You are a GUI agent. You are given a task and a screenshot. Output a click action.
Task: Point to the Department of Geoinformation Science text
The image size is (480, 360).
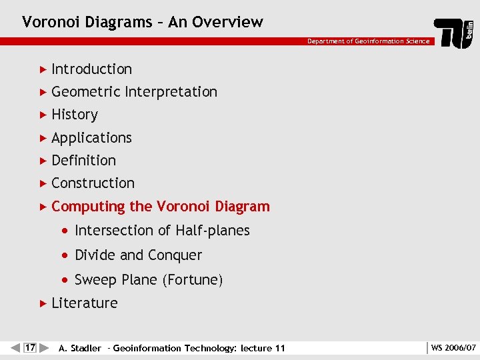[x=368, y=41]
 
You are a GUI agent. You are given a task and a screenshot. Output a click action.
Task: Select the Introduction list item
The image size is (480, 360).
[x=91, y=69]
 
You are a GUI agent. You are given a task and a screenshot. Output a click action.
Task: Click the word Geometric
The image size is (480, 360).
[x=86, y=92]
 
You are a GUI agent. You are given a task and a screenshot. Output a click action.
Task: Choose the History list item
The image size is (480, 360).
[x=75, y=115]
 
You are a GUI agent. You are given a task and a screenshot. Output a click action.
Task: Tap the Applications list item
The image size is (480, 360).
[x=91, y=138]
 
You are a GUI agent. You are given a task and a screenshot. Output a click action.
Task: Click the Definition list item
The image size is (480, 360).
[x=83, y=161]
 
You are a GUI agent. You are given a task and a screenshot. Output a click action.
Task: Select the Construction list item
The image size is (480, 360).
[x=93, y=183]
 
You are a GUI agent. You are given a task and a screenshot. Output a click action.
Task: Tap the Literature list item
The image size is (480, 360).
[x=84, y=303]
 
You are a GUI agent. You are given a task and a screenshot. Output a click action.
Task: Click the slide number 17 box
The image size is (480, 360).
[x=29, y=347]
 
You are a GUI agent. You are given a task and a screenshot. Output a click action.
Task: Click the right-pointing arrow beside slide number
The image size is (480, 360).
[x=44, y=347]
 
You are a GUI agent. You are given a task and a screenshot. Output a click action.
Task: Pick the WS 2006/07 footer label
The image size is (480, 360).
[x=453, y=348]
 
